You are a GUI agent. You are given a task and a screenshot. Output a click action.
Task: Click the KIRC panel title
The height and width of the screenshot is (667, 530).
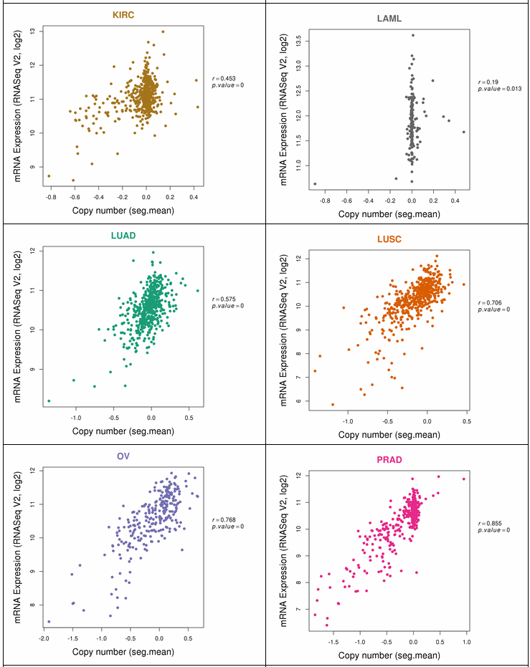[x=123, y=14]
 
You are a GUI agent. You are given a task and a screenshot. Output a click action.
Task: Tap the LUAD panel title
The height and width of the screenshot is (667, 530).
[x=123, y=235]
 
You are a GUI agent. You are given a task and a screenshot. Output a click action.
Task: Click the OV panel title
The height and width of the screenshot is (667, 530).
[x=123, y=458]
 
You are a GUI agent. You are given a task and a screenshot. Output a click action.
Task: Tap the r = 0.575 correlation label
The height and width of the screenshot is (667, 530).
[x=226, y=299]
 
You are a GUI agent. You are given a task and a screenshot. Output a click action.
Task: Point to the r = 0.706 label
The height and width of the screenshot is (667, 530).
[x=491, y=302]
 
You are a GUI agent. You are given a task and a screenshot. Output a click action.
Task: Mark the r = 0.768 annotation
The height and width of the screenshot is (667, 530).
[x=226, y=520]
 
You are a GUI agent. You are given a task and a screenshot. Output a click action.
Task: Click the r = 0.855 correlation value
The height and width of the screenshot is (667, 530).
[x=491, y=523]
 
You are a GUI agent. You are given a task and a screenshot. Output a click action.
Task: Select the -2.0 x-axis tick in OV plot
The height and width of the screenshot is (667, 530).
[x=43, y=638]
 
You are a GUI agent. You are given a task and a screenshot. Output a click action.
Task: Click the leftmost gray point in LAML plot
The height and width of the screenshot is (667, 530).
[x=315, y=184]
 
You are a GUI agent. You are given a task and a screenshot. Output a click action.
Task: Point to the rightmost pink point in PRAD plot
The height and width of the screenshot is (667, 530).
[x=464, y=479]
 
